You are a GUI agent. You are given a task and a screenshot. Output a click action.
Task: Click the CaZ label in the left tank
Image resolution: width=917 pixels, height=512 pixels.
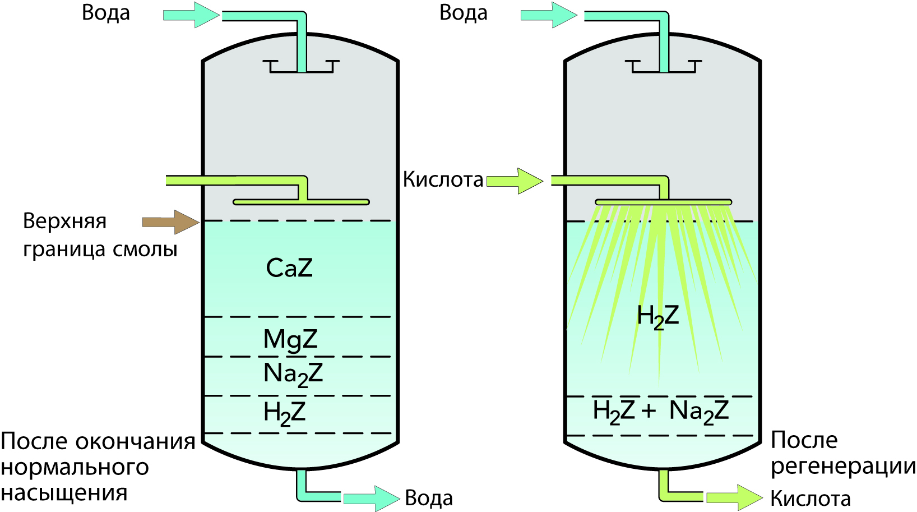289,268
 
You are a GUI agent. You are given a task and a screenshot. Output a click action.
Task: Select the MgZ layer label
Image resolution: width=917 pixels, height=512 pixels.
290,339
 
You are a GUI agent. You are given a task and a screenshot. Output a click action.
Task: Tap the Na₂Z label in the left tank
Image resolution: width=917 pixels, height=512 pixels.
293,374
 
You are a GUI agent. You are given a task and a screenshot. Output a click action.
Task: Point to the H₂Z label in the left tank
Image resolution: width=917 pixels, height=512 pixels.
284,413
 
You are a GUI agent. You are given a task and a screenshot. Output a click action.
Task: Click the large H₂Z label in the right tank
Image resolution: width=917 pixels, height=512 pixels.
657,316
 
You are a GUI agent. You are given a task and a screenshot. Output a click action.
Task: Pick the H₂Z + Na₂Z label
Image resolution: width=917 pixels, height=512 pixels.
660,412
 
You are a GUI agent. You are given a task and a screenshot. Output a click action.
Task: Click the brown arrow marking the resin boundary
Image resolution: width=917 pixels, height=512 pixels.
170,222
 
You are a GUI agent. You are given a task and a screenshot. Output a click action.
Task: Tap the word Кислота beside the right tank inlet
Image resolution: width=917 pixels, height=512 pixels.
443,179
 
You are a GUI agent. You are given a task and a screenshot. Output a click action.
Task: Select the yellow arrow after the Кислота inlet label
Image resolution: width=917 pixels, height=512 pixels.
515,181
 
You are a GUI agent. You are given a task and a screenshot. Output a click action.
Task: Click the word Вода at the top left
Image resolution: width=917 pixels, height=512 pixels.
105,13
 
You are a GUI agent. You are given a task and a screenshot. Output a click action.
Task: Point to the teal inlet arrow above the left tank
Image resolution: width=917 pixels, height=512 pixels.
191,15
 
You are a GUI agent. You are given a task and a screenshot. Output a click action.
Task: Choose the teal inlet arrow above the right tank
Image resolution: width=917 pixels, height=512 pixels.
548,15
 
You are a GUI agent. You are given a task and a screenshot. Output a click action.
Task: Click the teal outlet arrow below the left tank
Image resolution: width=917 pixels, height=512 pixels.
370,498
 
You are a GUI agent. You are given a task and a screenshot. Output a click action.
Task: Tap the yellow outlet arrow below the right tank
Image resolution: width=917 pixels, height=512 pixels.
734,497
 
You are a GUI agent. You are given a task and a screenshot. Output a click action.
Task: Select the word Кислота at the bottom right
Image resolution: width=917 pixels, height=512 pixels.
810,498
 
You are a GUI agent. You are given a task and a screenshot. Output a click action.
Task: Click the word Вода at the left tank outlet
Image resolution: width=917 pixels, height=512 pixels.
429,498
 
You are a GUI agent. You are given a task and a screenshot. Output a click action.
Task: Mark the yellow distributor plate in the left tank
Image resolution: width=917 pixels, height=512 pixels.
301,202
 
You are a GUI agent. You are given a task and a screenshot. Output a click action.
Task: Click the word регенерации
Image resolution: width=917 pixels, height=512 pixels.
843,467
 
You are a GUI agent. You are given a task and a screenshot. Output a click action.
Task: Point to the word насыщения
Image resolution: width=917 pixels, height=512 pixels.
64,493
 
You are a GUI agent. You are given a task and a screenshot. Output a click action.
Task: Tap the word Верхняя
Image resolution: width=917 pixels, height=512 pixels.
64,221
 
